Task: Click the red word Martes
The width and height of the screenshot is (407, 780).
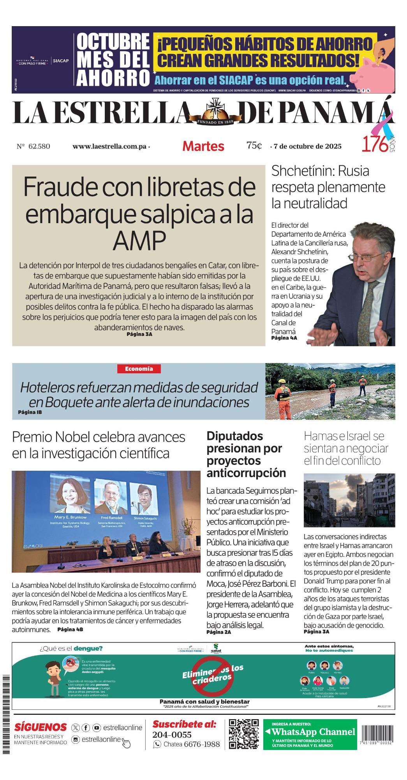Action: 203,146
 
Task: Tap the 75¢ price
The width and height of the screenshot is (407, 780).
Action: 254,145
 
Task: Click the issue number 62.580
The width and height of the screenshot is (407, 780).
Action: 39,146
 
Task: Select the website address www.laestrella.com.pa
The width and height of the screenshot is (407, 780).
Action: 109,147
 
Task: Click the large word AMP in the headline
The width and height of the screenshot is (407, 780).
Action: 139,241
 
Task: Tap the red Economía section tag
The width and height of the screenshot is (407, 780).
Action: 139,369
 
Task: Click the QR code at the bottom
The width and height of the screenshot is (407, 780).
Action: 244,734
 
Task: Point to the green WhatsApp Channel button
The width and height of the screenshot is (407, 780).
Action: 310,734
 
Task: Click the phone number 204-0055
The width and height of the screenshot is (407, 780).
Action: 172,735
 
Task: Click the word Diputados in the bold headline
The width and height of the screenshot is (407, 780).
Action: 234,436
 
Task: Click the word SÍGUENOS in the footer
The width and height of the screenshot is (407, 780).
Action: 41,727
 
